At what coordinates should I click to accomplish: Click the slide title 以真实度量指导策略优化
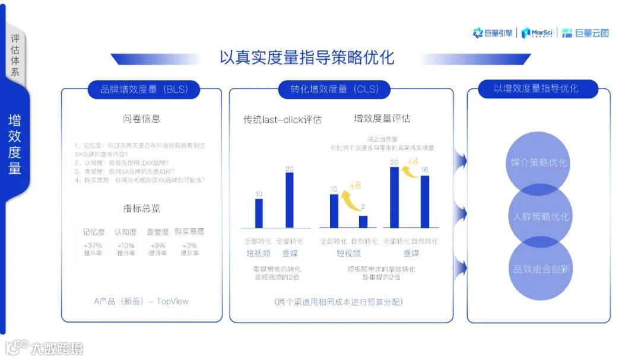pos(306,58)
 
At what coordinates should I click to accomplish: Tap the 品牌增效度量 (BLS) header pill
pos(144,90)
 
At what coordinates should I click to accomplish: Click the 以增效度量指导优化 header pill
pos(536,89)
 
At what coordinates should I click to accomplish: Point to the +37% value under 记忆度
pos(93,246)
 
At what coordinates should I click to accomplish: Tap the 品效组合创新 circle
pos(541,269)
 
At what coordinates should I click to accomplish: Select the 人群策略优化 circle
pos(541,216)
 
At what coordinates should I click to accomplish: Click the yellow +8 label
pos(355,186)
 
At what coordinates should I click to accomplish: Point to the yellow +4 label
pos(412,161)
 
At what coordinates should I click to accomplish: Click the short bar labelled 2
pos(363,222)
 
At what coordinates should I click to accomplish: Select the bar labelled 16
pos(424,202)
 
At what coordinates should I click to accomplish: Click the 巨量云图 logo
pos(585,33)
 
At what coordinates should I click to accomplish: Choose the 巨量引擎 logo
pos(493,33)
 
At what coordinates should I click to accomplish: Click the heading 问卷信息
pos(141,119)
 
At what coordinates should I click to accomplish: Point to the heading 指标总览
pos(141,208)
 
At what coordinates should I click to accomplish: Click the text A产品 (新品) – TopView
pos(141,301)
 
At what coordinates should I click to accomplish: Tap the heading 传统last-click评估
pos(283,119)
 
